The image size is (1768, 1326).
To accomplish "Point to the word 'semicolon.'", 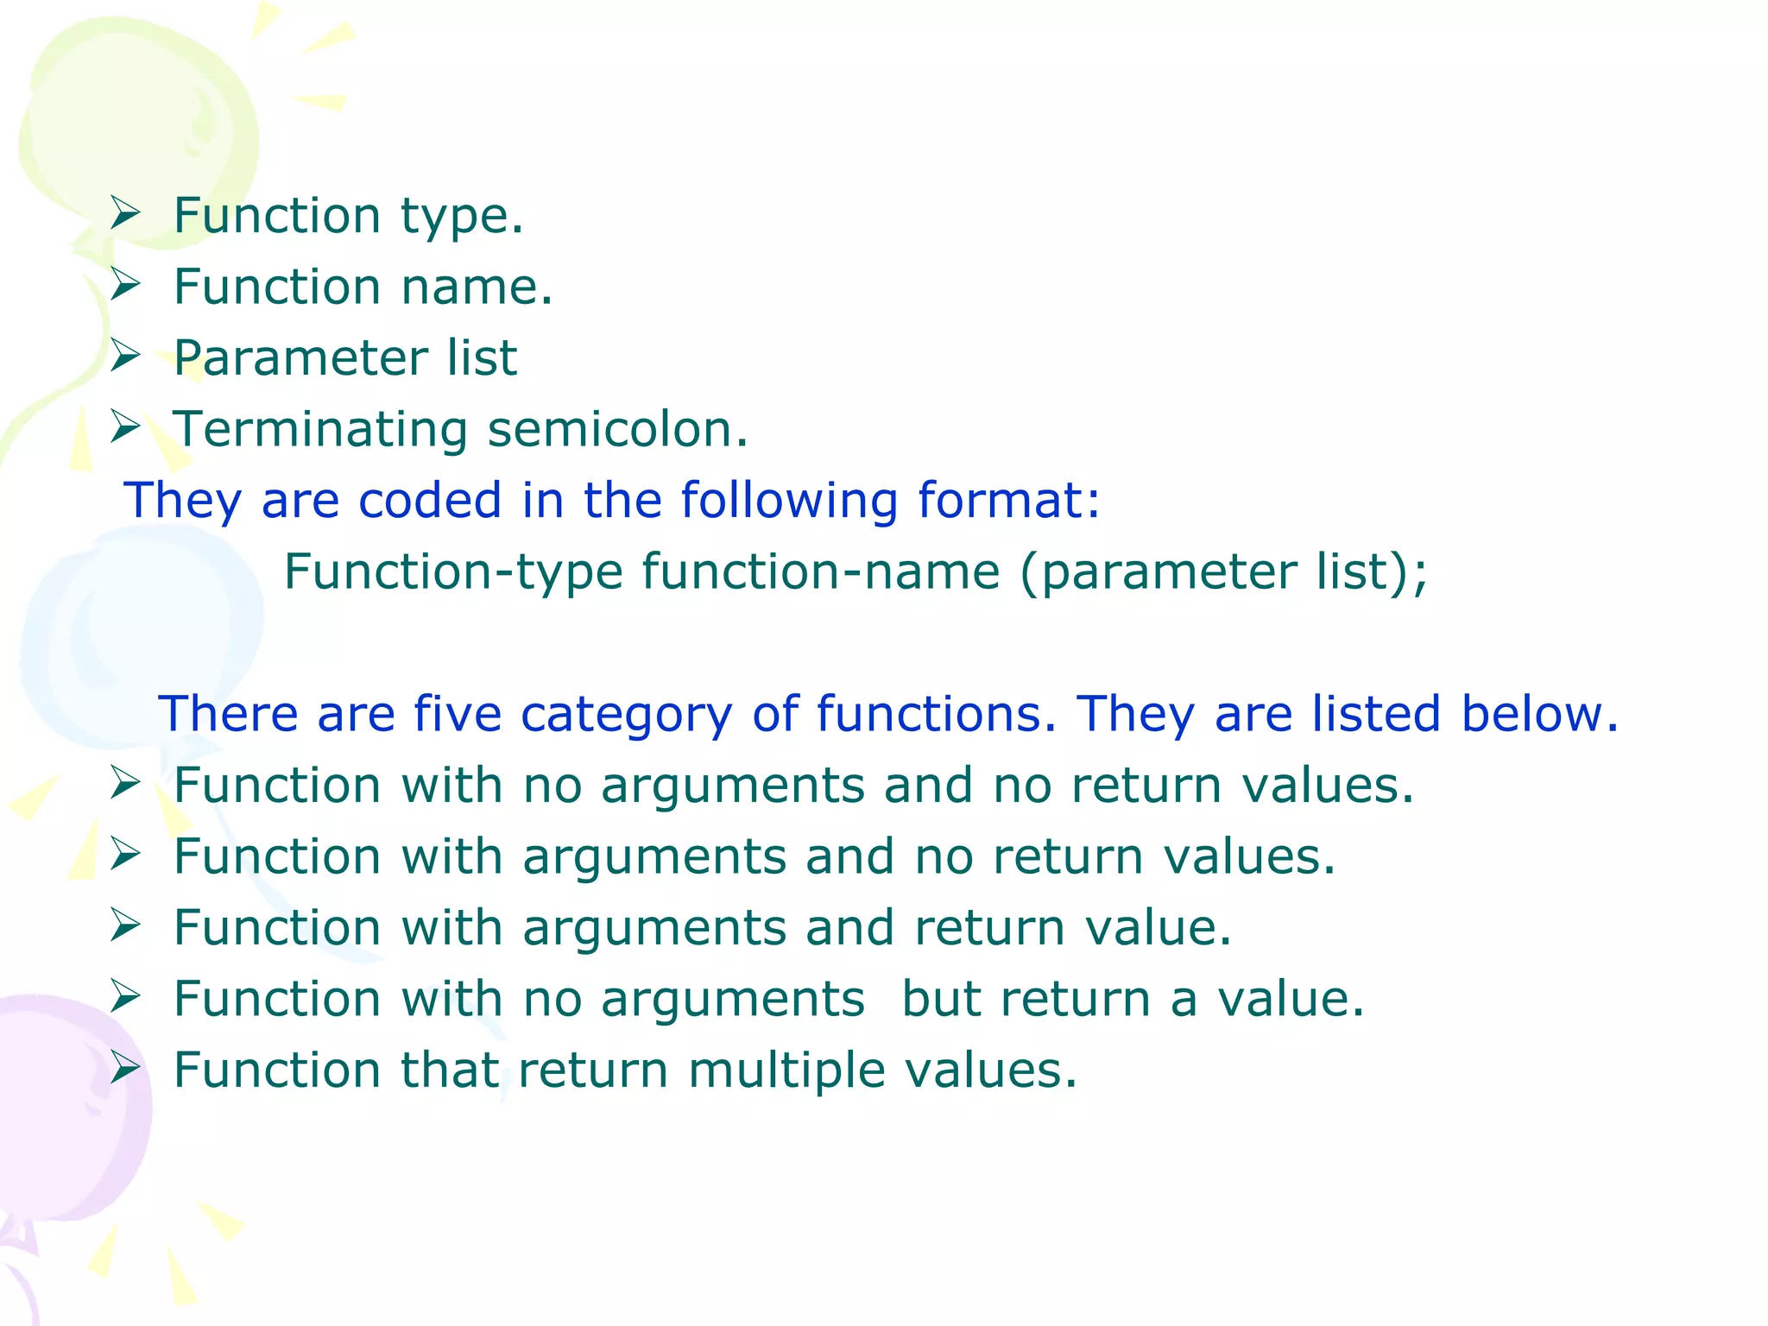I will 618,429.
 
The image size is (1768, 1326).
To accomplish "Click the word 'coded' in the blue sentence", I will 429,500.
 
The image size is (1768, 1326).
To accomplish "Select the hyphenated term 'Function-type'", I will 453,572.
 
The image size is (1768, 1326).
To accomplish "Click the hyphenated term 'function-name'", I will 820,572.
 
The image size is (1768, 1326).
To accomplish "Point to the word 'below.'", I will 1539,714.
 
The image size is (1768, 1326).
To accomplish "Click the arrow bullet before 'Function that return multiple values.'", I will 125,1068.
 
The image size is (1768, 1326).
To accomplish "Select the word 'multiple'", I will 786,1071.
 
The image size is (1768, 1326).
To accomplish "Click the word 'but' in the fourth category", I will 940,999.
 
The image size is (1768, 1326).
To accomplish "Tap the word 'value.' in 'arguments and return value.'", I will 1158,928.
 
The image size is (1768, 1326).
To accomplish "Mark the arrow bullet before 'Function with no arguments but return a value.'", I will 125,997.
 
